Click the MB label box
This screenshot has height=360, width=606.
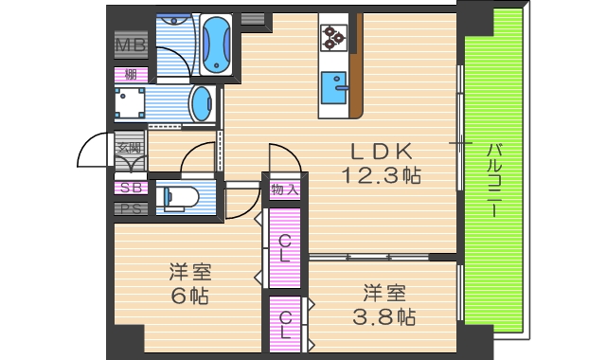click(x=130, y=45)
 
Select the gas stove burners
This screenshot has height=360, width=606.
click(x=333, y=36)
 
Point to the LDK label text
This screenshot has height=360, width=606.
click(x=380, y=151)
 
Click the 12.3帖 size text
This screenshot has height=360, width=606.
click(x=381, y=174)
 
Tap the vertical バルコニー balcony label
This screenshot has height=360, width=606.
click(x=494, y=180)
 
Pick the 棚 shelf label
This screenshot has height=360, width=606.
click(x=130, y=74)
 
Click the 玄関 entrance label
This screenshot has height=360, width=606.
click(x=129, y=147)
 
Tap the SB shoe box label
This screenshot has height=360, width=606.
click(x=130, y=188)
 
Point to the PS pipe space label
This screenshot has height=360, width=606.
click(x=130, y=208)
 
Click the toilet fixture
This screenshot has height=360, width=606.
click(x=180, y=198)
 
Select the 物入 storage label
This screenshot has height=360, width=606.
click(x=284, y=189)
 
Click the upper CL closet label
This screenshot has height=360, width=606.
click(x=284, y=247)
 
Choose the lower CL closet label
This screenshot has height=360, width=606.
click(x=284, y=321)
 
